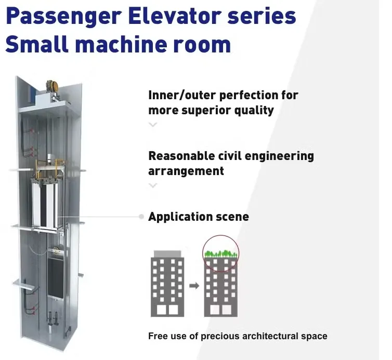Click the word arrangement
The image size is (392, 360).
point(186,171)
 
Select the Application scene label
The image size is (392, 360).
point(198,217)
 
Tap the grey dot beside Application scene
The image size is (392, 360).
point(141,217)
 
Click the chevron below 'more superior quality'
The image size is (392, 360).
point(153,125)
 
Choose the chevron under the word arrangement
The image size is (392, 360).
point(153,185)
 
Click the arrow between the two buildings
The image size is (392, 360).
point(194,285)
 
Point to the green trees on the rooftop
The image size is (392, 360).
point(221,254)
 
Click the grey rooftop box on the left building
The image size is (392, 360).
point(168,253)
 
